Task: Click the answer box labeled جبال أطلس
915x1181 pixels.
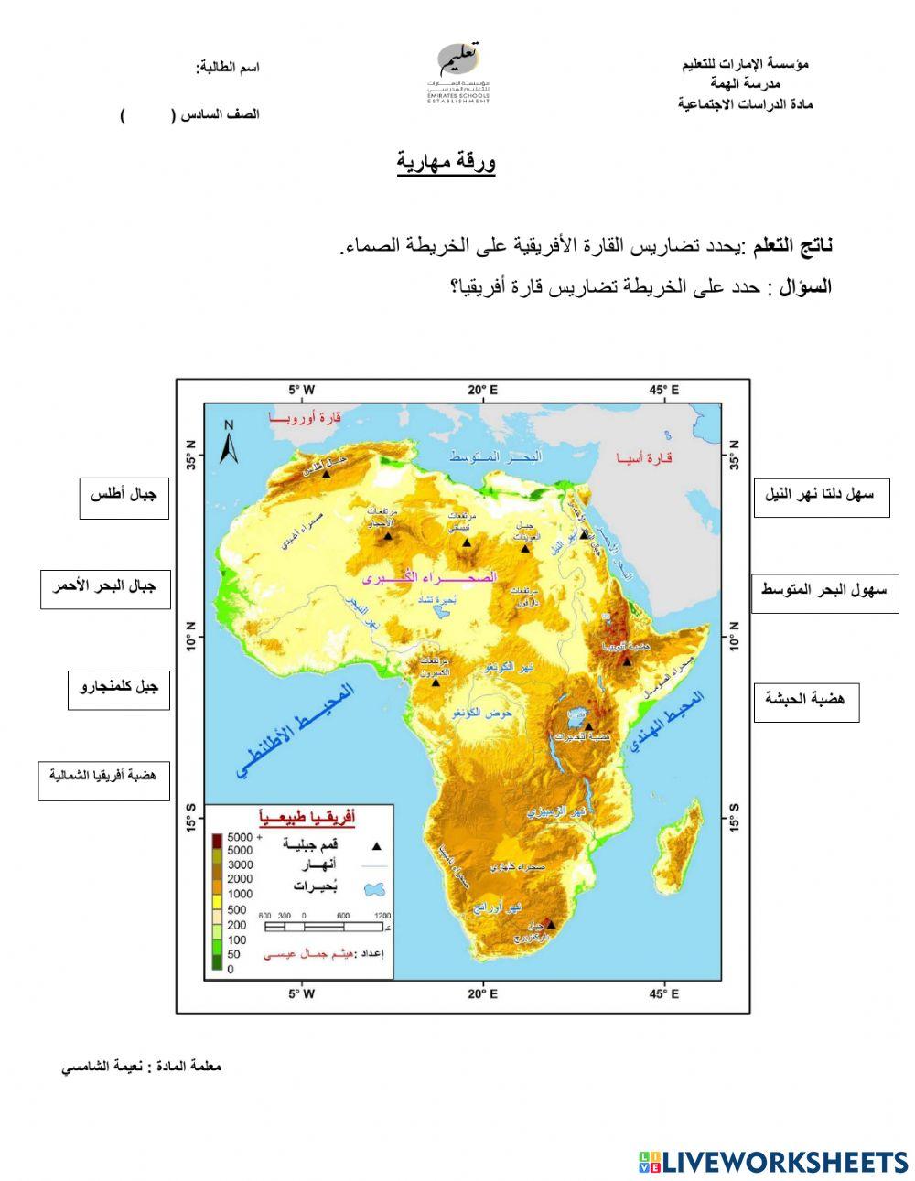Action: pos(124,498)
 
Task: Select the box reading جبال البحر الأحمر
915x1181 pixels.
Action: pos(105,589)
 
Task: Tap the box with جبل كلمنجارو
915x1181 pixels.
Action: pos(119,689)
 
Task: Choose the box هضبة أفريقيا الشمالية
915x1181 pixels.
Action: pos(103,778)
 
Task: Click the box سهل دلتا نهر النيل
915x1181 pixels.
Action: pos(821,498)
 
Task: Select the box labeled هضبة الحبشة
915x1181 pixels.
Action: pos(806,702)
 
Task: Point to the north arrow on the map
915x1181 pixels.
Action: pos(230,441)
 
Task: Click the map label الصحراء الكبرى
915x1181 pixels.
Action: pos(430,577)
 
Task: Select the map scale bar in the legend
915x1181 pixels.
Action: pos(325,927)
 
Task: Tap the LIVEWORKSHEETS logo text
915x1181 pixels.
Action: pos(773,1162)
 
